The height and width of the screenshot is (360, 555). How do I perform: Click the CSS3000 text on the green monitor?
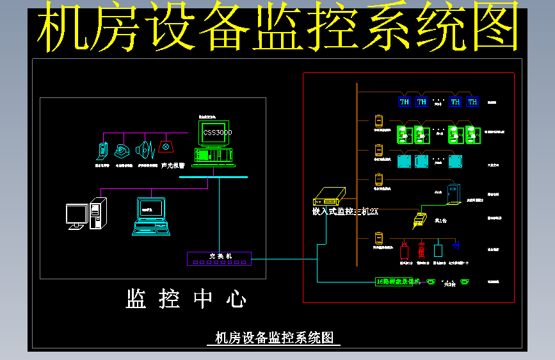pyautogui.click(x=217, y=133)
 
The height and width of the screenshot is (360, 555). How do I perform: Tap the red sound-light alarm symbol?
pyautogui.click(x=166, y=147)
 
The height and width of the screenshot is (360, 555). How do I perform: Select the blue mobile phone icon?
pyautogui.click(x=102, y=151)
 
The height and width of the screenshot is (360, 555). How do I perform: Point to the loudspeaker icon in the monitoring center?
pyautogui.click(x=145, y=151)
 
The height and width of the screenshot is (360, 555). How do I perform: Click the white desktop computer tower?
pyautogui.click(x=98, y=213)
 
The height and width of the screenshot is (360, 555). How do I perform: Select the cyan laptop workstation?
pyautogui.click(x=151, y=216)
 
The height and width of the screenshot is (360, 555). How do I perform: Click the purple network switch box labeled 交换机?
pyautogui.click(x=219, y=258)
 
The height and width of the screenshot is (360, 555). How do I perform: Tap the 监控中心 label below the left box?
pyautogui.click(x=186, y=299)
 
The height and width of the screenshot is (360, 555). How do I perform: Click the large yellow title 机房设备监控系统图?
pyautogui.click(x=277, y=28)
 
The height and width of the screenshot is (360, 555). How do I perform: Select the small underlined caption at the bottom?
pyautogui.click(x=274, y=338)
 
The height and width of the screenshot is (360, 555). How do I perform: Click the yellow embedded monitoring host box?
pyautogui.click(x=330, y=195)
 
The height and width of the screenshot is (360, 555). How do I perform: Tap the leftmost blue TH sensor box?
pyautogui.click(x=405, y=101)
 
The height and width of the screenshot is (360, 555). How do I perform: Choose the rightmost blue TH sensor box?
pyautogui.click(x=472, y=101)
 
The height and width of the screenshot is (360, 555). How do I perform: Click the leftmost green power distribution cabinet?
pyautogui.click(x=405, y=135)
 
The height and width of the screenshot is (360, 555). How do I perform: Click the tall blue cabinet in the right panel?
pyautogui.click(x=453, y=193)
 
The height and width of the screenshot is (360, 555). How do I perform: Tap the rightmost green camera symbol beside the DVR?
pyautogui.click(x=465, y=282)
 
